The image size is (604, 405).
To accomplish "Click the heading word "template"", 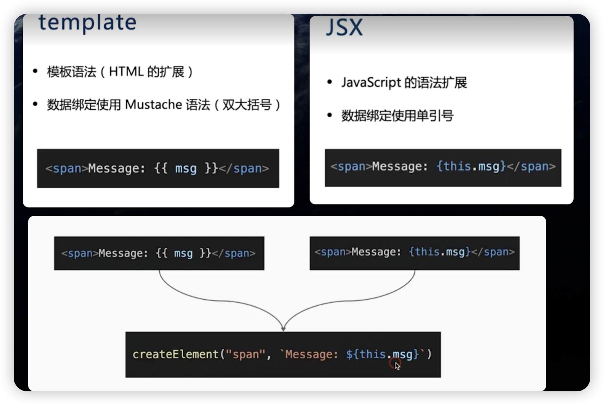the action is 87,23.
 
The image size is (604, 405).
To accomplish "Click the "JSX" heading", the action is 344,27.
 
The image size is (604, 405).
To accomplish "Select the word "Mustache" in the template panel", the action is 153,104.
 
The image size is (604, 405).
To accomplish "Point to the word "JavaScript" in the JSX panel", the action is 371,82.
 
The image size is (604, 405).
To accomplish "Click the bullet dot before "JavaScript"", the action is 330,82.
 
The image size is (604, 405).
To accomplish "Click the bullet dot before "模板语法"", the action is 35,71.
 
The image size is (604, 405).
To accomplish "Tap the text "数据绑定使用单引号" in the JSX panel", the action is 397,115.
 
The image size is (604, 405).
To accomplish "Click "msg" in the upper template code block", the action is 186,168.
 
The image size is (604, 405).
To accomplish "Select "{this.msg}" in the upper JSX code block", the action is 471,166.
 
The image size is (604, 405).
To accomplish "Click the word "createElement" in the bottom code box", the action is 175,354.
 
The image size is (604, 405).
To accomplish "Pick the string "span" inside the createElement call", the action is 245,354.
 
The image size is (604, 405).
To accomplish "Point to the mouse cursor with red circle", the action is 396,365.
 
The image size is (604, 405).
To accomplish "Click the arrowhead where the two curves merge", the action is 283,328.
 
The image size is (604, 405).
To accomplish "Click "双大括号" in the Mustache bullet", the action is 246,104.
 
